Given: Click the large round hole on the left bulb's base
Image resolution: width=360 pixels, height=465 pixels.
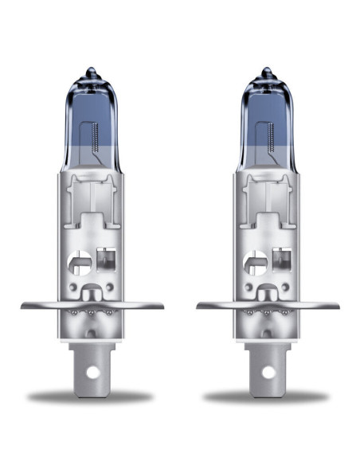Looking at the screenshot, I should (x=80, y=261).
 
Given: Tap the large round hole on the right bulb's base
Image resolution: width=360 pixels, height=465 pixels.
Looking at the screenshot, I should (x=255, y=261).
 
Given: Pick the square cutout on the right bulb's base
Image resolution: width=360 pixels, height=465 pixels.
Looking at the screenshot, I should (x=279, y=260).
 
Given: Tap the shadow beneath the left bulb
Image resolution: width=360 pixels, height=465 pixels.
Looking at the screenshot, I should (x=92, y=397).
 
